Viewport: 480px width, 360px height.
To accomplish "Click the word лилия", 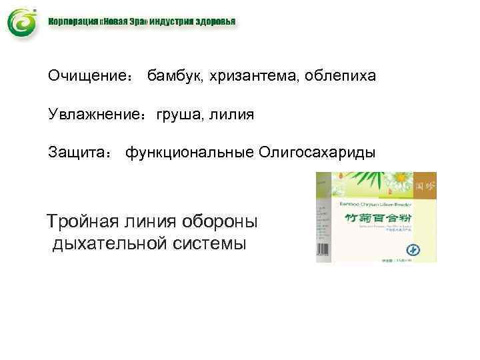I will pos(232,115).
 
